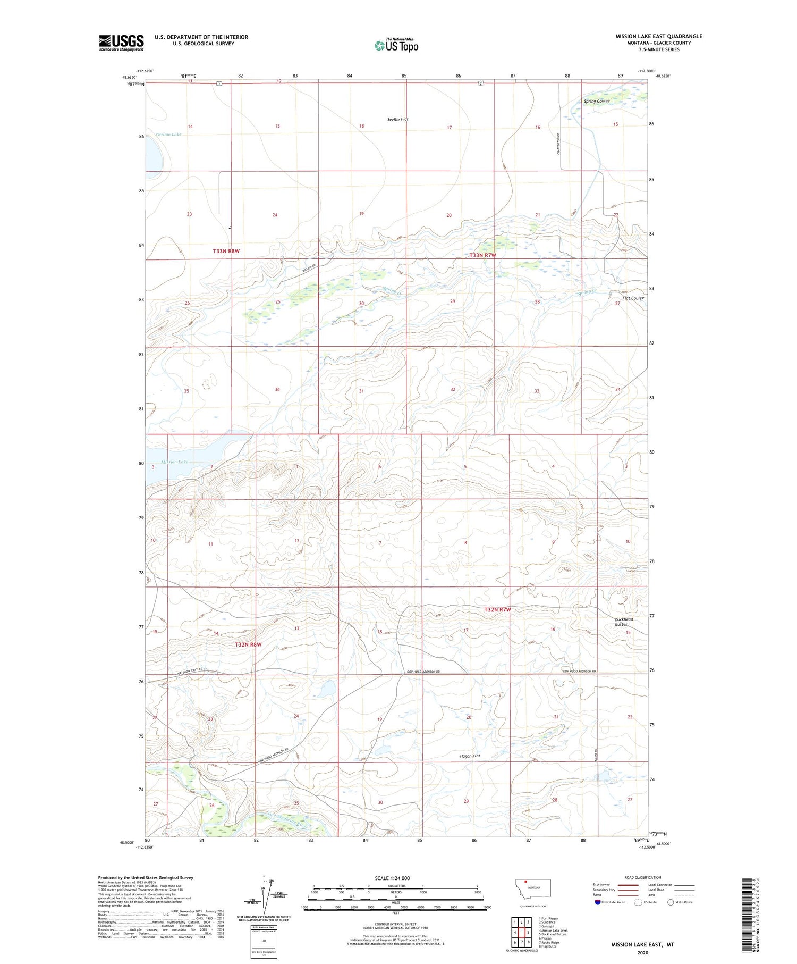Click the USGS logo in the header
coord(121,43)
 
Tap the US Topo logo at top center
coord(396,45)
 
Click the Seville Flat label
coord(398,119)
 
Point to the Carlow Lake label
coord(168,135)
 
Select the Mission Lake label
coord(174,462)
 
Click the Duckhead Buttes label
coord(624,622)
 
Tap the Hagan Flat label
coord(470,755)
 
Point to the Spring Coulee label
coord(597,101)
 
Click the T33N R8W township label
coord(226,250)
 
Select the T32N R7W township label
coord(497,609)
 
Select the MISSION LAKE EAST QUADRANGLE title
coord(659,36)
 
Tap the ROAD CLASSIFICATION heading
coord(643,877)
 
